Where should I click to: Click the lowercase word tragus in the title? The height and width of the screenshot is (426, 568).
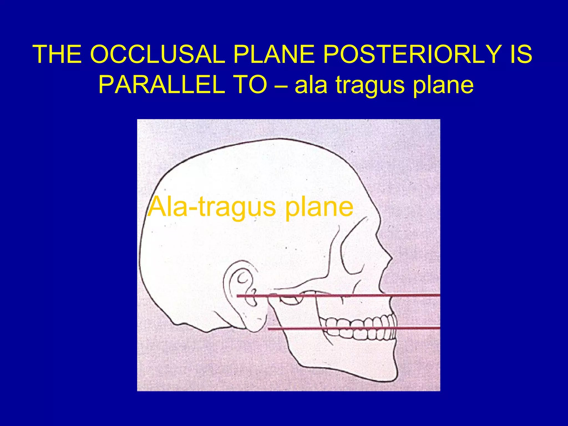click(370, 86)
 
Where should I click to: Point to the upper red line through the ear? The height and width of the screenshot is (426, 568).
click(333, 296)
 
